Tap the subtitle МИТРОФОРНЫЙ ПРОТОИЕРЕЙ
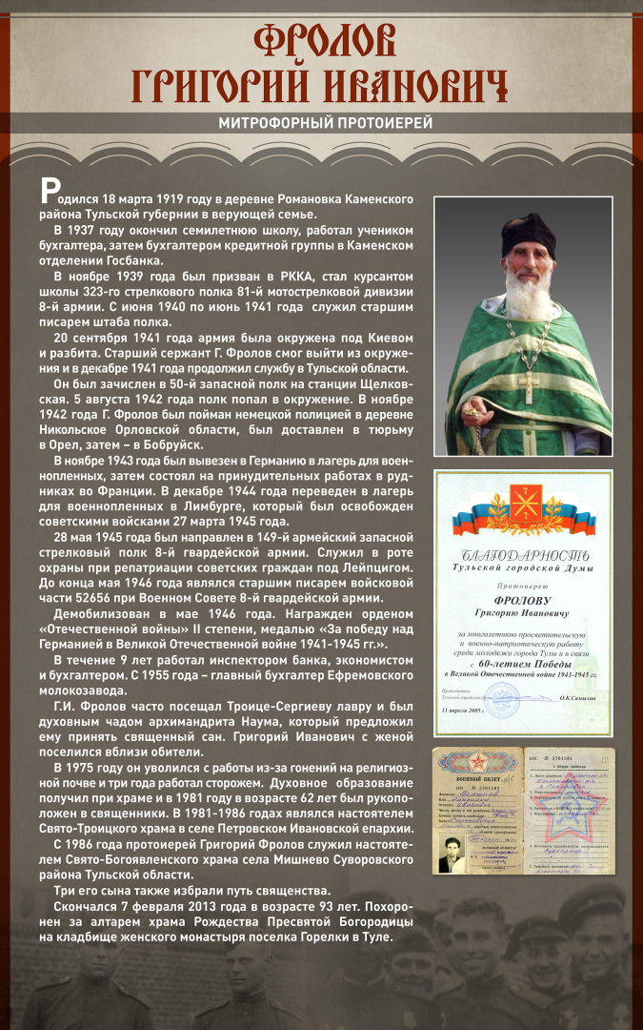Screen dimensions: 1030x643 [325, 123]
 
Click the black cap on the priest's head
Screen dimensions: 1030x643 [530, 230]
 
